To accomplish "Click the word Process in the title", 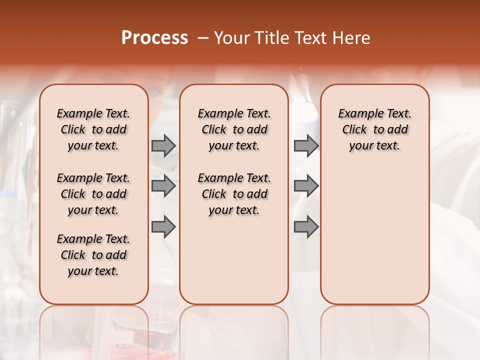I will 154,38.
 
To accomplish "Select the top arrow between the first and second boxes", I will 163,145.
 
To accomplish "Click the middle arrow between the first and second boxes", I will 163,186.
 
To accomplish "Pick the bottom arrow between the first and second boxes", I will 163,227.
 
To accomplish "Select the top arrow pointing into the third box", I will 306,145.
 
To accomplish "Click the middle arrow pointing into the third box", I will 306,186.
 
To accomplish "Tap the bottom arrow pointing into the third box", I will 306,227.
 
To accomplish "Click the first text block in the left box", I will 93,129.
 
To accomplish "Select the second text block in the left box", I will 93,194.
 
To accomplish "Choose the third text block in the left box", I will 93,255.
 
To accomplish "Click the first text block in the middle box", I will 234,129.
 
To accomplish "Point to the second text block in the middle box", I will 234,194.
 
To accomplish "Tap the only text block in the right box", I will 374,129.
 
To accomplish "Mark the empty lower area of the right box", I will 374,235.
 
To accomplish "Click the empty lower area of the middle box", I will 234,260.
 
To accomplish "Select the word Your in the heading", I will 232,38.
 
